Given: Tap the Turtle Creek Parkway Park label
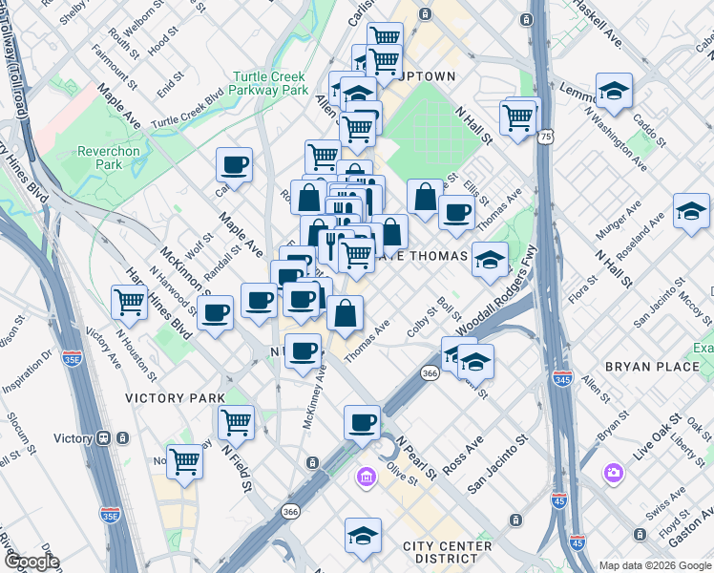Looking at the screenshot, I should click(270, 83).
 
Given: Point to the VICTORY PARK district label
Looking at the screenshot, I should click(176, 397).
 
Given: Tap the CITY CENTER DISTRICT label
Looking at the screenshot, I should click(447, 552).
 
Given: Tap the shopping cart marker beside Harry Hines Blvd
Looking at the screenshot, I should click(130, 303).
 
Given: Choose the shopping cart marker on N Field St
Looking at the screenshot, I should click(236, 422).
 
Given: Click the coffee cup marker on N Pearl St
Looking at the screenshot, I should click(362, 422).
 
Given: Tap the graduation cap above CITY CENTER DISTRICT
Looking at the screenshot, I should click(363, 535).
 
